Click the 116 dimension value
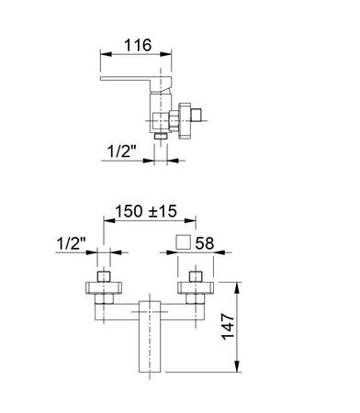(x=138, y=45)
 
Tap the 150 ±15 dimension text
(x=146, y=211)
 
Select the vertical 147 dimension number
(x=228, y=327)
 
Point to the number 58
(x=205, y=243)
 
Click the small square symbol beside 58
(x=184, y=242)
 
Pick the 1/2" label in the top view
(x=121, y=151)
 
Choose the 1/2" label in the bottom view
(x=71, y=244)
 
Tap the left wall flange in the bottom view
(x=104, y=288)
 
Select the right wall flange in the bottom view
(x=196, y=288)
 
